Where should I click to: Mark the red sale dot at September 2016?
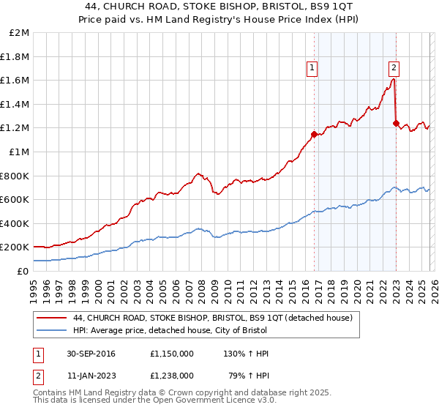pyautogui.click(x=314, y=134)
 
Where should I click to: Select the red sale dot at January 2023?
pyautogui.click(x=396, y=124)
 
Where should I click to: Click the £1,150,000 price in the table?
pyautogui.click(x=174, y=354)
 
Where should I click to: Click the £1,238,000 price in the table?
pyautogui.click(x=174, y=374)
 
